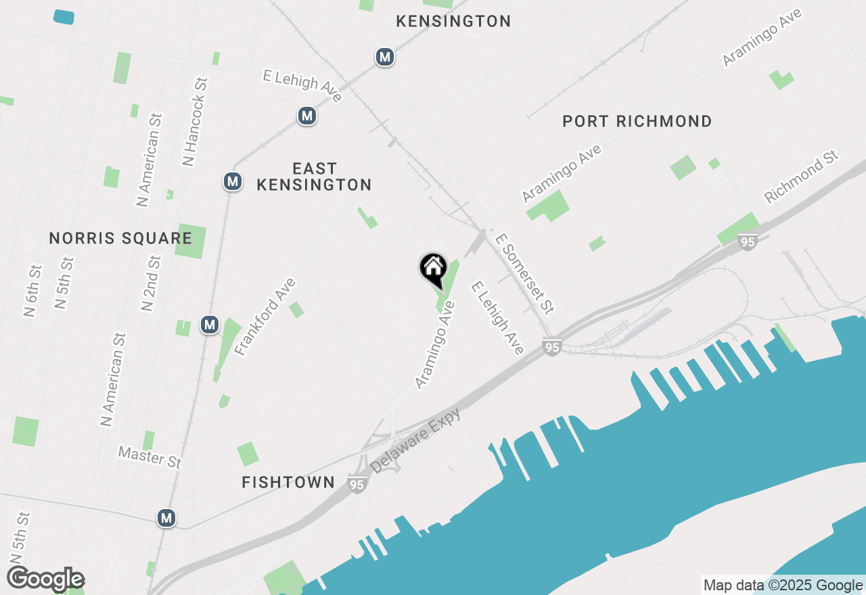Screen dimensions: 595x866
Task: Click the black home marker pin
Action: (433, 268)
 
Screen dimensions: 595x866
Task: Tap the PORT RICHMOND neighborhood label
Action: (637, 122)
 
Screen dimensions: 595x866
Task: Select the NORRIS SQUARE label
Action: (120, 238)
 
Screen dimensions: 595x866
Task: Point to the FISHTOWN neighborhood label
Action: (288, 482)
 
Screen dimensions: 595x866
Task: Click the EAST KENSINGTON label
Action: (315, 176)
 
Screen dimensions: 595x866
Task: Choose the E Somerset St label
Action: (524, 274)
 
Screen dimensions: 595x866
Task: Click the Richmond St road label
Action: (801, 176)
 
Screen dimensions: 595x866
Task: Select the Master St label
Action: (150, 456)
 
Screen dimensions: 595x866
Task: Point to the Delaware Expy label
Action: (415, 440)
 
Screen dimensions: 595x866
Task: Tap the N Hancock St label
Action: (195, 122)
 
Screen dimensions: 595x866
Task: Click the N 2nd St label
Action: (151, 283)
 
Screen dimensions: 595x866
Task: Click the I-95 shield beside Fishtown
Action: (357, 484)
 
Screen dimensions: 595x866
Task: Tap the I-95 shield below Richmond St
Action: (747, 242)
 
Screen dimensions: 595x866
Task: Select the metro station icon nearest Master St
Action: (166, 519)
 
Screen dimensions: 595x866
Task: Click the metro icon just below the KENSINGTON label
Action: (385, 57)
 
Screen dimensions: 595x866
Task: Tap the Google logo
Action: (46, 579)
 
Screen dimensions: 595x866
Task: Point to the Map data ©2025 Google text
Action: (783, 586)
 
